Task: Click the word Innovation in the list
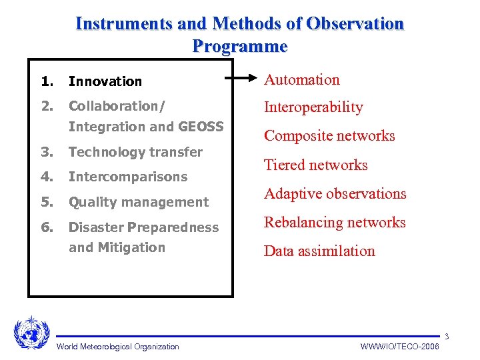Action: (105, 81)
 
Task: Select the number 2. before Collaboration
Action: (47, 106)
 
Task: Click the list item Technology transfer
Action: (135, 152)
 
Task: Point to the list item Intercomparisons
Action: (128, 177)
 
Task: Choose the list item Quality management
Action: (139, 202)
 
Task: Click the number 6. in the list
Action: (47, 227)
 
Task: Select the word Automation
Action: (302, 80)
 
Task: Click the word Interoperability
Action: (313, 107)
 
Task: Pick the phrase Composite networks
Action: (329, 136)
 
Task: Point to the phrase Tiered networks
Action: (316, 165)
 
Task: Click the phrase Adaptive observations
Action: (335, 194)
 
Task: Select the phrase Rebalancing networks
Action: (335, 223)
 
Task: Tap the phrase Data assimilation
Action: (319, 251)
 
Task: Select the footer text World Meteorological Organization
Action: (118, 347)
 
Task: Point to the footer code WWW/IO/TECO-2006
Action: (399, 347)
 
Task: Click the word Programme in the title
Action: (240, 46)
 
